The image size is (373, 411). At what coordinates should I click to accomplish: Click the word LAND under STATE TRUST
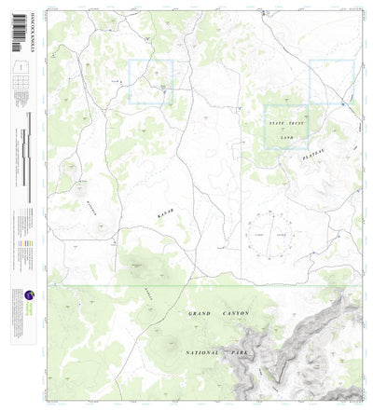287,137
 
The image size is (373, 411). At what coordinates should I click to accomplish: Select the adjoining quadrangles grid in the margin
20,89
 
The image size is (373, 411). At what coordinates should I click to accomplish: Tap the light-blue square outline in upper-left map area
151,81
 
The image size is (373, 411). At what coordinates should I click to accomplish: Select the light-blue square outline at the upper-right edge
331,81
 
